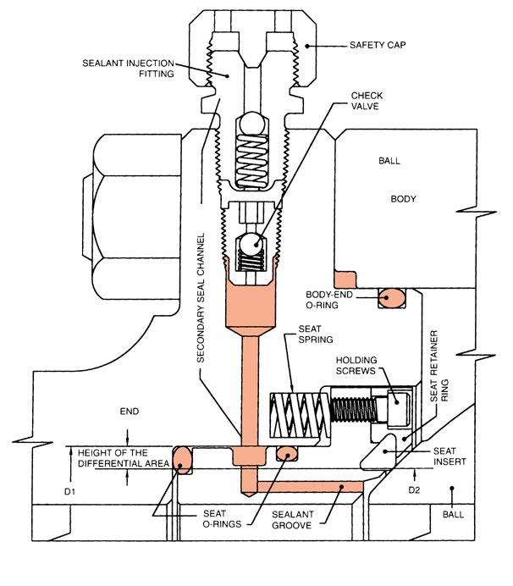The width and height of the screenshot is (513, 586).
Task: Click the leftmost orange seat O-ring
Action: tap(183, 460)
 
